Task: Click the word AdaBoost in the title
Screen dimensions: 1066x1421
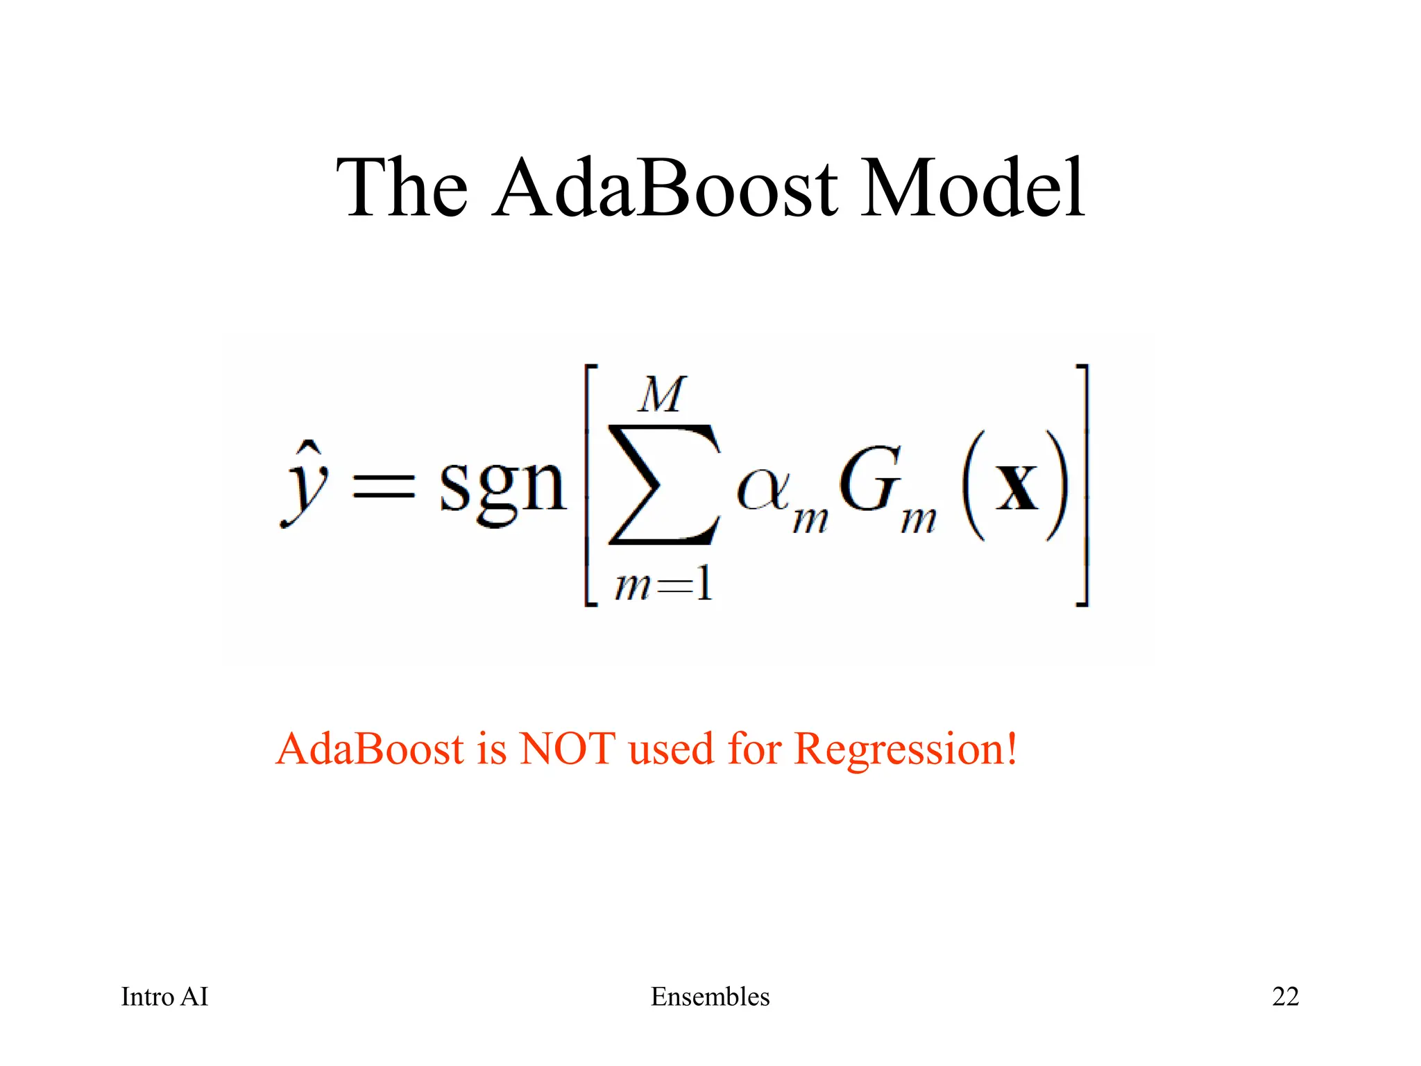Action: pyautogui.click(x=666, y=188)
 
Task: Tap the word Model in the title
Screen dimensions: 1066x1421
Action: pyautogui.click(x=973, y=188)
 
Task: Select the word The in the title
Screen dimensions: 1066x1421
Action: pyautogui.click(x=402, y=188)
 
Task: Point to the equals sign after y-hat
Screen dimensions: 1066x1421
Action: pyautogui.click(x=384, y=485)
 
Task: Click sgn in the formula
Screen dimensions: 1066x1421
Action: pyautogui.click(x=502, y=486)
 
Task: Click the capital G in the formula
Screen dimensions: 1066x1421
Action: pyautogui.click(x=869, y=480)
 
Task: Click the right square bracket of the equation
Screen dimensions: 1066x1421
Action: pyautogui.click(x=1081, y=485)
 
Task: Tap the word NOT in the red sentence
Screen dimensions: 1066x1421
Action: pyautogui.click(x=567, y=749)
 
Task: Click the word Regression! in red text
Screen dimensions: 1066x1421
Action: pyautogui.click(x=905, y=750)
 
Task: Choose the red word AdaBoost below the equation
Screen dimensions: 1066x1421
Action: pyautogui.click(x=370, y=749)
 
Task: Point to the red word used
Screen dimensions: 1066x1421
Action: pyautogui.click(x=671, y=750)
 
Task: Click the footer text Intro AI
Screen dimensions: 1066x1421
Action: pyautogui.click(x=164, y=997)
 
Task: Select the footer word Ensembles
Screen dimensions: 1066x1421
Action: pyautogui.click(x=710, y=997)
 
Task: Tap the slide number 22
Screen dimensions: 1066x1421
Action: pyautogui.click(x=1285, y=997)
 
